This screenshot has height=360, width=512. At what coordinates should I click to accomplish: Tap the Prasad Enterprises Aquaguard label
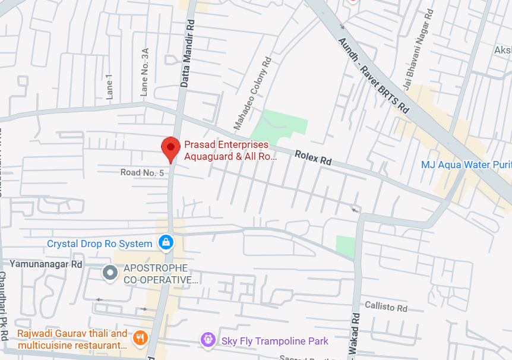(x=230, y=151)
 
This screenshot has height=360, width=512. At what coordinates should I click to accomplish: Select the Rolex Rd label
(x=313, y=159)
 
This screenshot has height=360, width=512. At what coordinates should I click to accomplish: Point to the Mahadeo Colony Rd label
(x=252, y=93)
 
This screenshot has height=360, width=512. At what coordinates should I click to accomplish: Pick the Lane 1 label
(x=109, y=86)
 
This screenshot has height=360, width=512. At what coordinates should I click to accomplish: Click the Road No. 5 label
(x=142, y=172)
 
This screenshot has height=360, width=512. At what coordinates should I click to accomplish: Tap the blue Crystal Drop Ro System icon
(x=166, y=242)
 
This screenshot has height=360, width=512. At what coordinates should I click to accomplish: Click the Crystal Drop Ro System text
(x=100, y=244)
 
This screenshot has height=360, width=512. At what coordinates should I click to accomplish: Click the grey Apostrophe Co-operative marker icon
(x=110, y=273)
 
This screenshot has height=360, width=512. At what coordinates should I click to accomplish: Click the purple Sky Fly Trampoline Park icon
(x=208, y=340)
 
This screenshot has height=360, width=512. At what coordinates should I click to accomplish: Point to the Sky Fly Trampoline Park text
(x=275, y=341)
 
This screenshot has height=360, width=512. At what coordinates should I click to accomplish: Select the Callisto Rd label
(x=385, y=307)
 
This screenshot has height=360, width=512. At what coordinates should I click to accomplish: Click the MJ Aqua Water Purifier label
(x=466, y=165)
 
